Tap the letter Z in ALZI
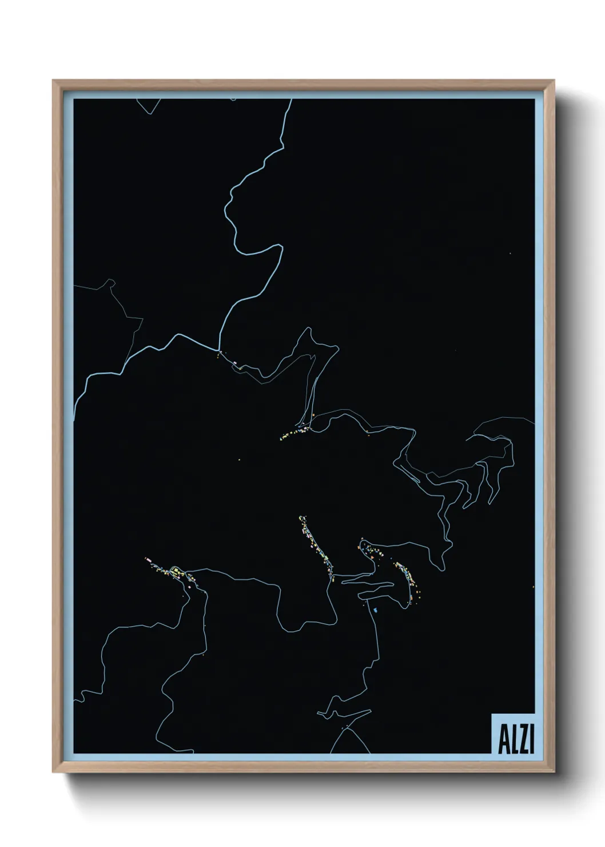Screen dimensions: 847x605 tap(523, 740)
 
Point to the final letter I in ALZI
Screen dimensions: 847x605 tap(531, 740)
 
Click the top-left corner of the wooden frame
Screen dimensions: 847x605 tap(53, 81)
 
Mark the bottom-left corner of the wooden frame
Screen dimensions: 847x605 tap(53, 772)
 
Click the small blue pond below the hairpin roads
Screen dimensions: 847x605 tap(375, 611)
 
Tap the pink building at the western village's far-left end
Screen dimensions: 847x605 tap(147, 558)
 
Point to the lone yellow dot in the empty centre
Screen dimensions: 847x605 tap(239, 460)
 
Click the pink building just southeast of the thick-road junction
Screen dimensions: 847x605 tap(235, 362)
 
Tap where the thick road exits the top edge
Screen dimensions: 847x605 tap(292, 100)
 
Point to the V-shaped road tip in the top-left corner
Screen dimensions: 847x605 tap(151, 113)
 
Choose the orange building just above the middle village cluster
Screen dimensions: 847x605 tap(313, 415)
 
